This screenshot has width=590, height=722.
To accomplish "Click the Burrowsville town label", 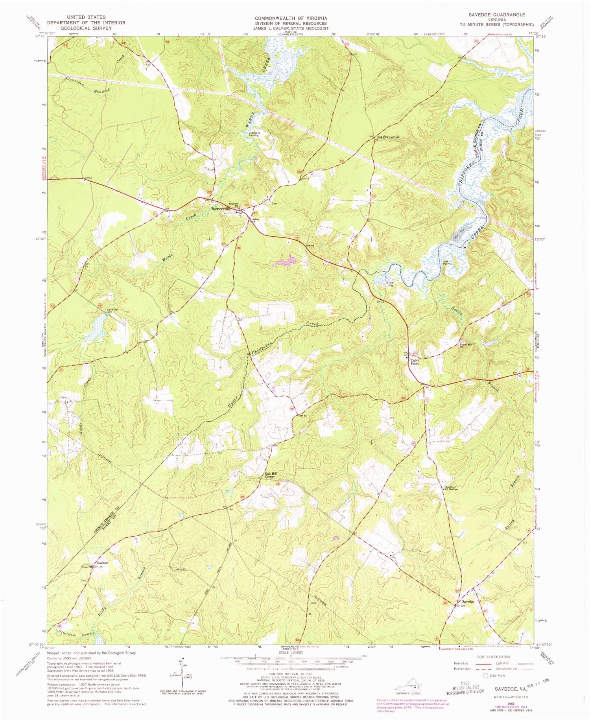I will pos(220,209).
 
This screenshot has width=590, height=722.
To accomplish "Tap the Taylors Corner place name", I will pos(389,137).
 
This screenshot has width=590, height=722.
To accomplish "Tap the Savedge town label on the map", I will pos(468,602).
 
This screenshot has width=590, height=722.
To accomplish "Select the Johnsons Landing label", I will pos(255,134).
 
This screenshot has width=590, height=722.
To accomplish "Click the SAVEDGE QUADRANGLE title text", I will pos(491,15).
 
